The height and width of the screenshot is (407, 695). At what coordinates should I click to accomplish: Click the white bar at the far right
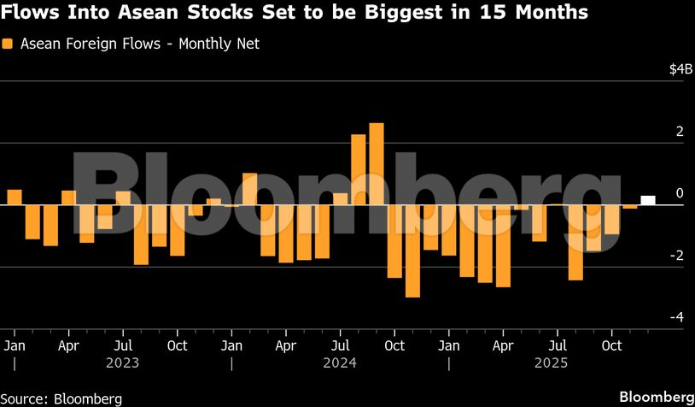pos(648,200)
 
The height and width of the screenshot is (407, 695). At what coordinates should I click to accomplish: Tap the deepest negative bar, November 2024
pos(412,251)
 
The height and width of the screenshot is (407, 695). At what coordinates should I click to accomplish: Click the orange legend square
pos(8,44)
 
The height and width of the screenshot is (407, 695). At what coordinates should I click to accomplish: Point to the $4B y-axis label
pos(680,69)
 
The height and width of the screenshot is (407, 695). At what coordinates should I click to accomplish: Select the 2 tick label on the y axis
pos(680,132)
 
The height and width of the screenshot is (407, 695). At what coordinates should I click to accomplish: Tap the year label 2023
pos(122,363)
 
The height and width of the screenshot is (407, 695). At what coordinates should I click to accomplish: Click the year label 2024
pos(340,363)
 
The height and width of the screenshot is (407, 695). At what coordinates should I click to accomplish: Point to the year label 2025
pos(557,363)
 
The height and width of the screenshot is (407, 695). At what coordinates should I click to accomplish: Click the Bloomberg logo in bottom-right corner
pos(655,397)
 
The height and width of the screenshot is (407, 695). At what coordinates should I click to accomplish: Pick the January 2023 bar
pos(14,197)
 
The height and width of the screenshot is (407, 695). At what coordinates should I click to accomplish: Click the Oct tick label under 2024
pos(394,345)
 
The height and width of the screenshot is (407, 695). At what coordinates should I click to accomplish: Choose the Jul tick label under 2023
pos(123,345)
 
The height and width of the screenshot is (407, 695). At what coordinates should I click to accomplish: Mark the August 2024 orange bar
pos(359,169)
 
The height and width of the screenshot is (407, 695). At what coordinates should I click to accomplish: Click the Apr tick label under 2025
pos(503,345)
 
